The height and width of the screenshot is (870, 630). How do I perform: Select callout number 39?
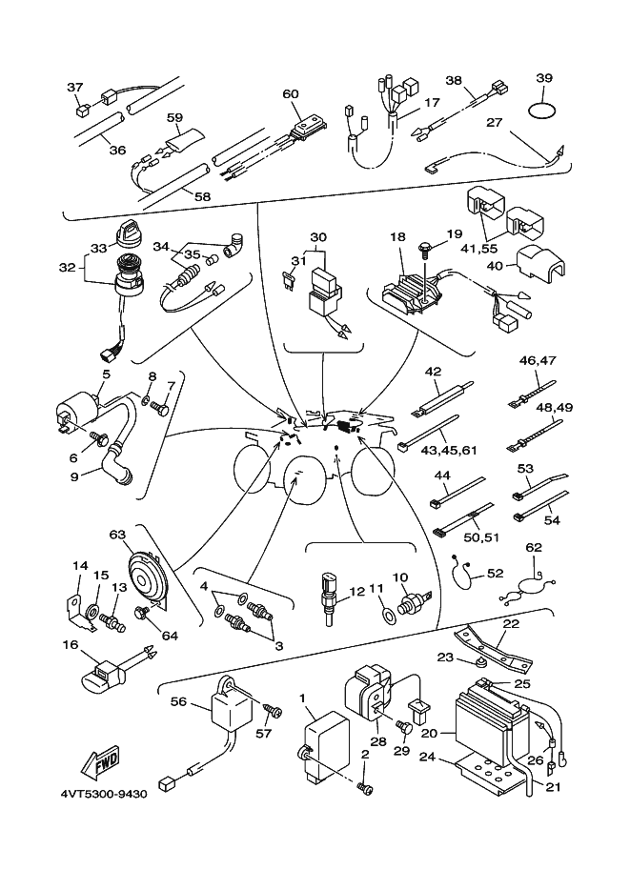point(544,78)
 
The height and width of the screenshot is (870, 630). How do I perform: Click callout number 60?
point(291,93)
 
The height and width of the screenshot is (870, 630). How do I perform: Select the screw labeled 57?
point(272,711)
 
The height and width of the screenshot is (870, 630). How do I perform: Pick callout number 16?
point(70,645)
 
